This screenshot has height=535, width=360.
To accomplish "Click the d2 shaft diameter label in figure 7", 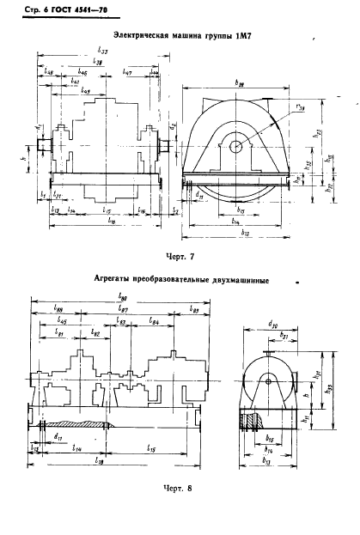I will tap(173, 127).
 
